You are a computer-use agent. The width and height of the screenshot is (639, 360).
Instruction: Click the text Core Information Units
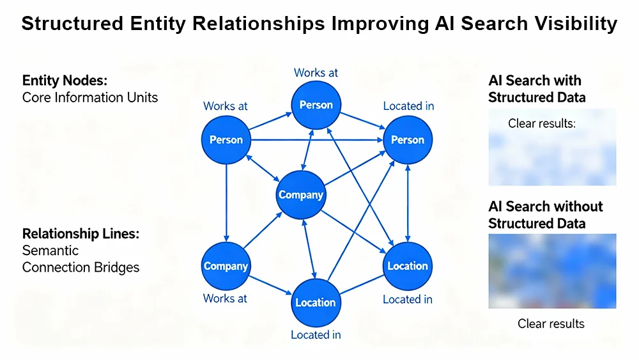89,98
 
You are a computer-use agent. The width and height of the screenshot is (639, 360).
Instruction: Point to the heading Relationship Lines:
80,233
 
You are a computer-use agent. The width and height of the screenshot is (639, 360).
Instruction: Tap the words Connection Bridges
81,267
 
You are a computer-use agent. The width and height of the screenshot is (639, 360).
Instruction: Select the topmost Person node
316,106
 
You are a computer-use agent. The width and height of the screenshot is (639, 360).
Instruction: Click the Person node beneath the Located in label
407,140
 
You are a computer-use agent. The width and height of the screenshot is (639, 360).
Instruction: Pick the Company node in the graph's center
301,195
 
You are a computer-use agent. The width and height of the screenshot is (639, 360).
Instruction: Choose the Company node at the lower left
226,266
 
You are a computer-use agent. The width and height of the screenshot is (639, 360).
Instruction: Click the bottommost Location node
315,302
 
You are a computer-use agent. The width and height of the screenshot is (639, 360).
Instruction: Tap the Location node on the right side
407,266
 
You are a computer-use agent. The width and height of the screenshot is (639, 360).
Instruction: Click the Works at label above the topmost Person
316,73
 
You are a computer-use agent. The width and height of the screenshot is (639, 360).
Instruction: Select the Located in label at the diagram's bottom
316,334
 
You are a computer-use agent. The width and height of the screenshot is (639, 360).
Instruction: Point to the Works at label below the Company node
226,298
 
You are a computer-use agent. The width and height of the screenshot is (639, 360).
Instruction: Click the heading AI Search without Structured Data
545,215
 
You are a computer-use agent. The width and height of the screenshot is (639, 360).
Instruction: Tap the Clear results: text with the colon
542,123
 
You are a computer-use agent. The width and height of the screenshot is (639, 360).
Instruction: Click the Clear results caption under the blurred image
551,324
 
